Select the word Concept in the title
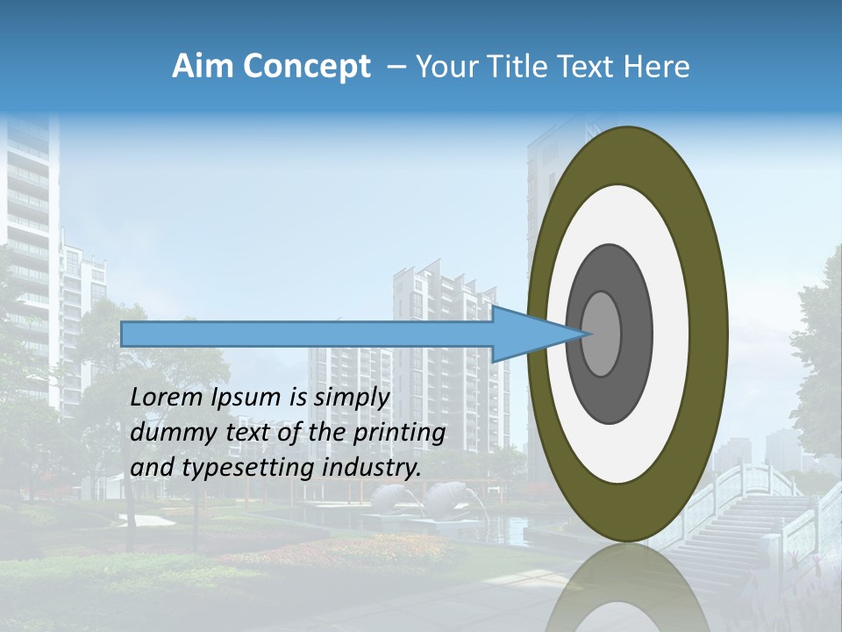coord(305,68)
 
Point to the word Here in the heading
coord(658,67)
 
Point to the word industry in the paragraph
coord(371,468)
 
